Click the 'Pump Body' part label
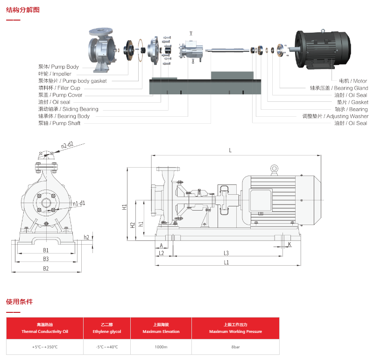pyautogui.click(x=58, y=67)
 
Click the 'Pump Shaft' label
pyautogui.click(x=59, y=123)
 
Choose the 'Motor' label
pyautogui.click(x=353, y=81)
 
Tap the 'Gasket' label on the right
pyautogui.click(x=353, y=102)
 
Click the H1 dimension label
pyautogui.click(x=125, y=206)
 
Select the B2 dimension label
pyautogui.click(x=46, y=268)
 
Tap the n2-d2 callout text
pyautogui.click(x=68, y=145)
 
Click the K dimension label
pyautogui.click(x=289, y=244)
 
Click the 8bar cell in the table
pyautogui.click(x=235, y=347)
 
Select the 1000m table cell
pyautogui.click(x=161, y=347)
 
